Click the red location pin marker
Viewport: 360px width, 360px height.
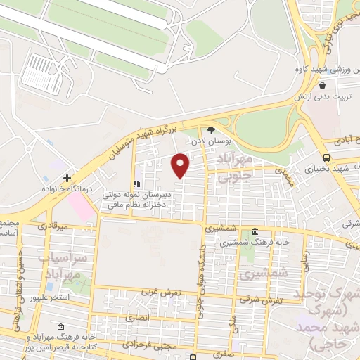click(181, 165)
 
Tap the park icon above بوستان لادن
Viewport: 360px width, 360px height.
click(211, 129)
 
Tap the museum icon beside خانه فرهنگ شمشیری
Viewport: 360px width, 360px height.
click(254, 232)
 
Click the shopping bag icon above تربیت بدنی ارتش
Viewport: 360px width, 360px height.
click(321, 85)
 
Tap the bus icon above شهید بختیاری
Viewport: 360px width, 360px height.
click(326, 157)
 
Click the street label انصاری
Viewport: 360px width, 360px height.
click(138, 318)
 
